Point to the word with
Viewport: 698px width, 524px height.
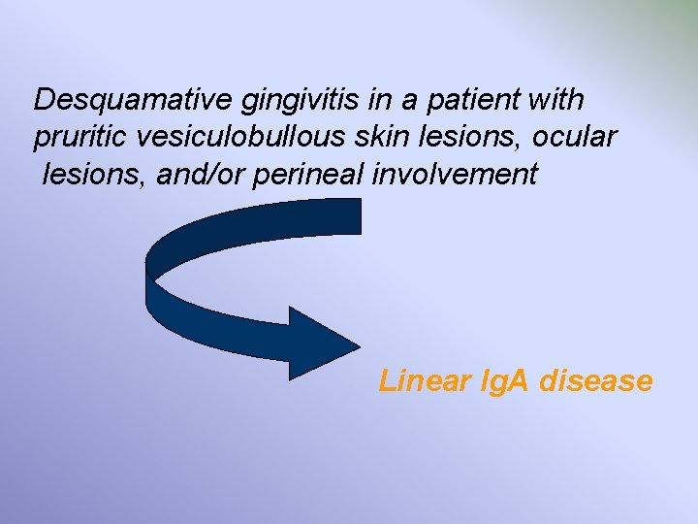555,100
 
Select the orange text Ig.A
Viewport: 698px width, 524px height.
499,381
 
